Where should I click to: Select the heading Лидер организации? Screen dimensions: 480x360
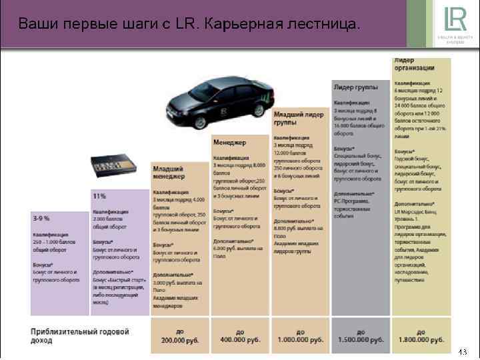[x=415, y=64]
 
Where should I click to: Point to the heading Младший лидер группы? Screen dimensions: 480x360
[x=294, y=117]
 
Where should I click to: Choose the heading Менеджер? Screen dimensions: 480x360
[x=230, y=143]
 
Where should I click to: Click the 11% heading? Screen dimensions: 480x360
[x=99, y=196]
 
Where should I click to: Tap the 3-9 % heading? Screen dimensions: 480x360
[x=41, y=218]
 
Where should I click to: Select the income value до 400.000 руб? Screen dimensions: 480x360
[x=239, y=336]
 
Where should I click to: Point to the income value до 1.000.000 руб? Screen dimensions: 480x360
[x=300, y=336]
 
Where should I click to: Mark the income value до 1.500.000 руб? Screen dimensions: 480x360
[x=361, y=336]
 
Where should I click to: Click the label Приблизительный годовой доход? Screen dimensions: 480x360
[x=80, y=336]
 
